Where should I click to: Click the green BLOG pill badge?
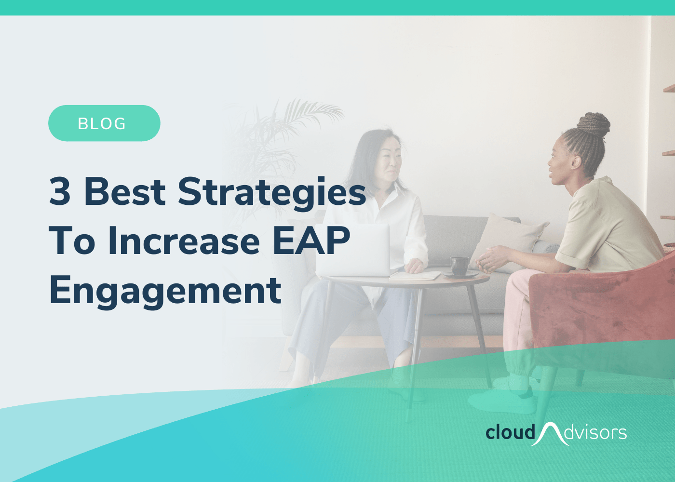click(104, 123)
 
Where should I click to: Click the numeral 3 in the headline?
click(60, 192)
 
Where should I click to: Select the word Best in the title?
click(125, 192)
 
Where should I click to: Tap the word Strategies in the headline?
click(272, 194)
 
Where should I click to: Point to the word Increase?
click(184, 241)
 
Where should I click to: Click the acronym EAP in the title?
click(311, 241)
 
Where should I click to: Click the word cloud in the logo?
click(511, 432)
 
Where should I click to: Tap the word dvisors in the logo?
click(595, 433)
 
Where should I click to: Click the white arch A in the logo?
click(550, 434)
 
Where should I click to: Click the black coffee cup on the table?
click(459, 266)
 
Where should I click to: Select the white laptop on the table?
click(353, 250)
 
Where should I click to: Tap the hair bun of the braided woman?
click(594, 124)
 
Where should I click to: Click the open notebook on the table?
click(415, 275)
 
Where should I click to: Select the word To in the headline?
click(72, 241)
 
